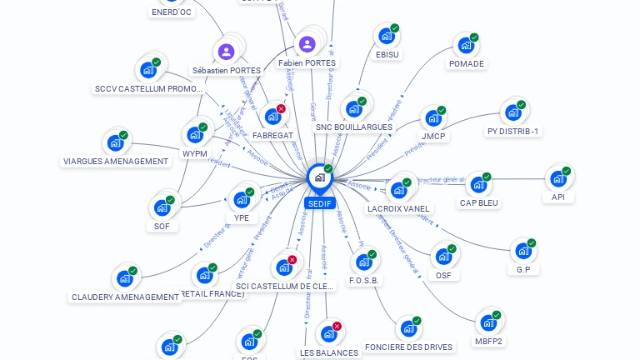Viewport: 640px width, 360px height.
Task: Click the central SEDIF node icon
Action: coord(319,177)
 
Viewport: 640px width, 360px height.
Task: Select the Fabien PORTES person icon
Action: coord(307,44)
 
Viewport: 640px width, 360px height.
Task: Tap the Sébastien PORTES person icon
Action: coord(226,52)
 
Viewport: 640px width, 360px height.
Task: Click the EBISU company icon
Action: coord(386,36)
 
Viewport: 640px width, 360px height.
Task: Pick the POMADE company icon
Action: coord(465,45)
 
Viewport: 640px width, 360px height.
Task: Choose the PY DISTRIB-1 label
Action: coord(513,132)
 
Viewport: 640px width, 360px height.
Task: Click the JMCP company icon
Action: coord(432,117)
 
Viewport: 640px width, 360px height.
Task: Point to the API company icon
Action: coord(557,178)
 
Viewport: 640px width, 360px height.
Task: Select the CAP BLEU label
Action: coord(478,202)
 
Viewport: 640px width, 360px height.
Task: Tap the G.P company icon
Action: coord(522,251)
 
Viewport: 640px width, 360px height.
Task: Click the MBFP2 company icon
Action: coord(487,322)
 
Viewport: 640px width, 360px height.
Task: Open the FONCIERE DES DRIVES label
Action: coord(409,347)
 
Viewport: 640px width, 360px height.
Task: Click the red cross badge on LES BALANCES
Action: coord(337,327)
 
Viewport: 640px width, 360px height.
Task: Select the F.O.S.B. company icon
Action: coord(362,262)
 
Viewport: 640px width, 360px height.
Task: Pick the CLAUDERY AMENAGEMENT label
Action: coord(126,297)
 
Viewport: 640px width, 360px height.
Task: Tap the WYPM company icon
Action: coord(194,135)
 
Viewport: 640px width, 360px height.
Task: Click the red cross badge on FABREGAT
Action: coord(281,109)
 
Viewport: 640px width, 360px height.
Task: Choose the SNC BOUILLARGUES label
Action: coord(353,127)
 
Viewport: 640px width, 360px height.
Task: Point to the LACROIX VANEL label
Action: coord(398,208)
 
